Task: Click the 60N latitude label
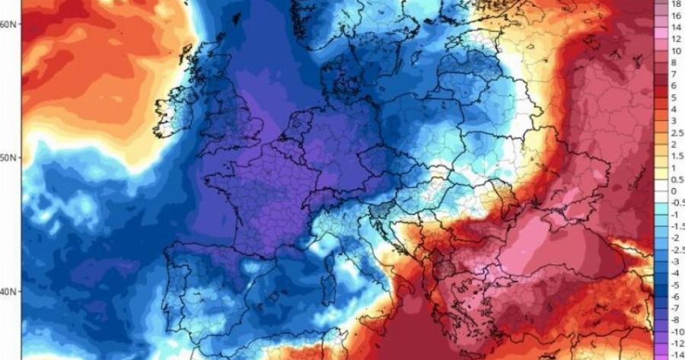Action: click(9, 24)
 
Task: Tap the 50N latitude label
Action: click(9, 158)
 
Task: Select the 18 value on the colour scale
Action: click(675, 4)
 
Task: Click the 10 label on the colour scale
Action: click(675, 50)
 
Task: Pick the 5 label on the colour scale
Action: click(674, 97)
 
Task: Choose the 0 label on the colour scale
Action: click(674, 191)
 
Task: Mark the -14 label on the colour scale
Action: click(675, 355)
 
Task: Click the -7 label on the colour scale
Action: click(675, 308)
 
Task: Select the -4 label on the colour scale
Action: click(675, 273)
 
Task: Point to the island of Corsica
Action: click(330, 259)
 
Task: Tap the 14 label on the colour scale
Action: click(675, 27)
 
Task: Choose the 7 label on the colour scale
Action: click(674, 74)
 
